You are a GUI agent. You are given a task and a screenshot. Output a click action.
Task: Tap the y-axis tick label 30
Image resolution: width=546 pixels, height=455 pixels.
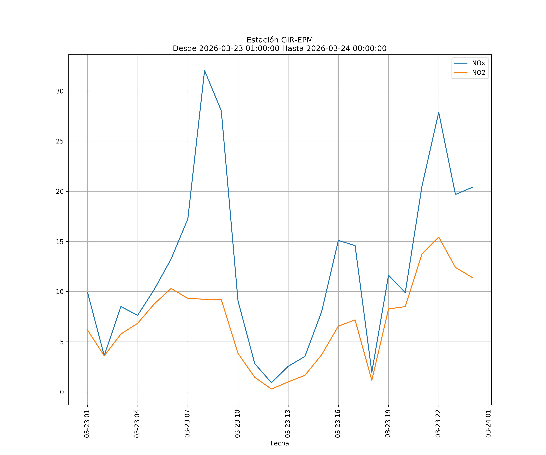click(x=60, y=91)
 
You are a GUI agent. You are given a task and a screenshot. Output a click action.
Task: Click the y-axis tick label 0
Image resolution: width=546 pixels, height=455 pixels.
click(x=62, y=392)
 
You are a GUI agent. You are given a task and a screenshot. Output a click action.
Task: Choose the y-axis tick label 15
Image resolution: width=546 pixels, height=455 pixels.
click(x=60, y=242)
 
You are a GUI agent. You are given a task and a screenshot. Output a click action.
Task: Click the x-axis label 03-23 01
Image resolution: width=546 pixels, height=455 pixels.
click(x=87, y=424)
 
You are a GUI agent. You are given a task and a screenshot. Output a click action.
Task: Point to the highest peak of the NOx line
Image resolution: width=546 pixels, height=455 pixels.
click(x=205, y=71)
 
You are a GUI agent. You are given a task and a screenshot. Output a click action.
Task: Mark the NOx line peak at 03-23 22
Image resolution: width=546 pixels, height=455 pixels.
click(x=439, y=112)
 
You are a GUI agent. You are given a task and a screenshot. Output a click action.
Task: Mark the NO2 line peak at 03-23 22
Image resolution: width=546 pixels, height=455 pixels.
click(x=439, y=237)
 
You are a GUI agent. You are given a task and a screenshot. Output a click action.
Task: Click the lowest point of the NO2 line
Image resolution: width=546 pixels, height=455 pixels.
click(x=271, y=389)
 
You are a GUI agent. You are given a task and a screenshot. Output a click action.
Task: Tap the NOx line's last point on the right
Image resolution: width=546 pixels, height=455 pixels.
click(x=472, y=187)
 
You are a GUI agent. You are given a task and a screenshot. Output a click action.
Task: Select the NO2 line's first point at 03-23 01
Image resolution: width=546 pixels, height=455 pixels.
click(x=88, y=330)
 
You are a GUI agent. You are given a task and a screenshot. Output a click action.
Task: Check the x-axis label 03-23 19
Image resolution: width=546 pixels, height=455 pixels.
click(x=388, y=424)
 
